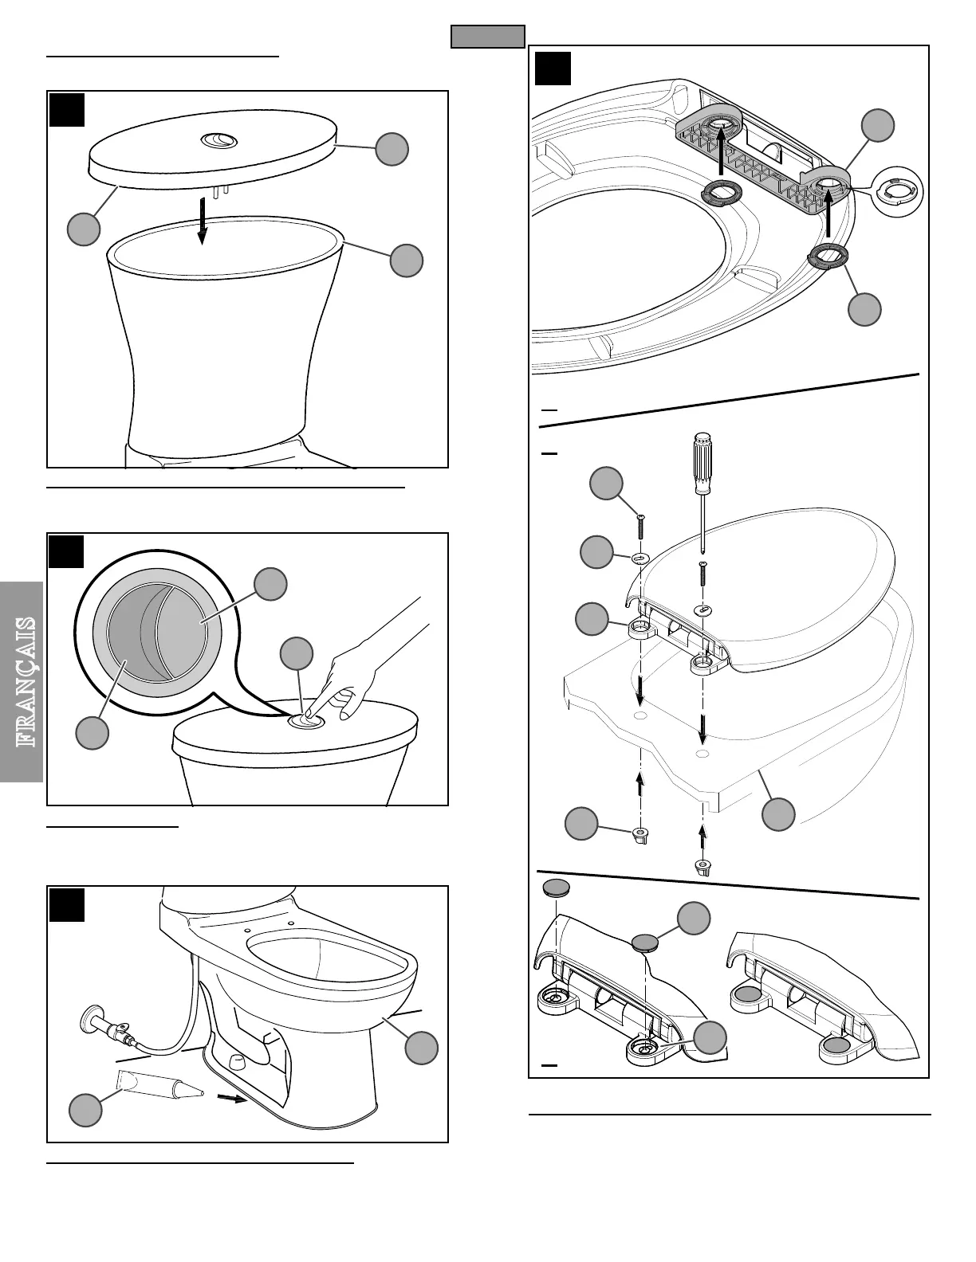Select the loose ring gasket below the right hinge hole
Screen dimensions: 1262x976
pos(828,256)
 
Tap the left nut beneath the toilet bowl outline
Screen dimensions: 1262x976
pos(639,837)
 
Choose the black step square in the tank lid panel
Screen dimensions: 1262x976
pos(67,109)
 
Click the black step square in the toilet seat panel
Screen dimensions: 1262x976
pos(553,68)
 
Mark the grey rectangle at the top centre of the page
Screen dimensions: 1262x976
pos(488,37)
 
